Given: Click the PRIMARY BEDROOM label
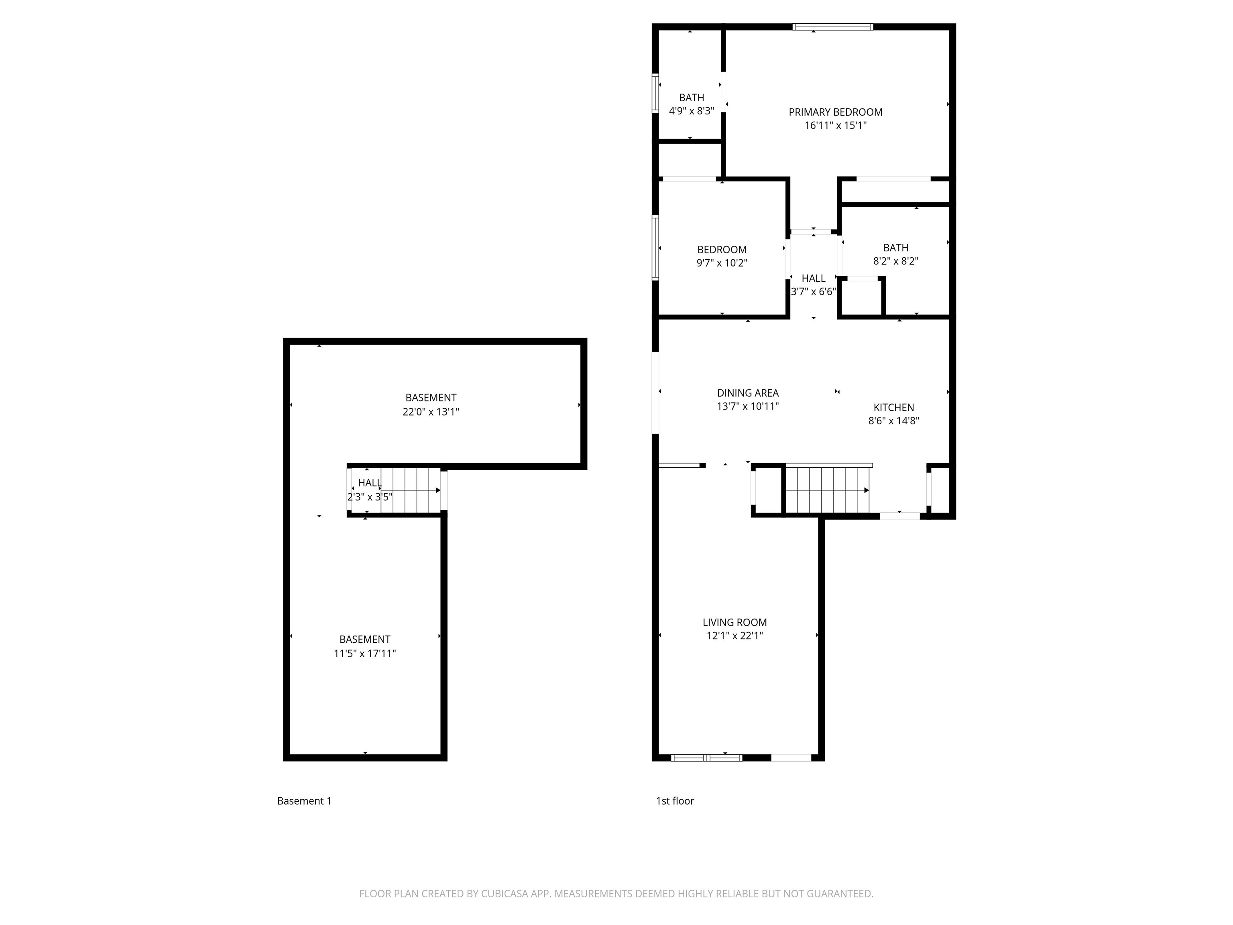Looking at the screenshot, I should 835,112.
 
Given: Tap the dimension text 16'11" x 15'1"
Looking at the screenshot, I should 835,125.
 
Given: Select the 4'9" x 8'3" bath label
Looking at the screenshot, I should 691,111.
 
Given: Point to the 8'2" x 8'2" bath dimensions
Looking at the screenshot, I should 895,261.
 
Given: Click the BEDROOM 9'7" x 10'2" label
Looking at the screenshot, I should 722,256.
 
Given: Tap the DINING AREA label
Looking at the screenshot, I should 747,393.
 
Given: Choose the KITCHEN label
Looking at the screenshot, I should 893,407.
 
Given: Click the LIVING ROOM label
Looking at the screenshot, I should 734,622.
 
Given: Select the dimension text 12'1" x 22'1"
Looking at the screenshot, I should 734,636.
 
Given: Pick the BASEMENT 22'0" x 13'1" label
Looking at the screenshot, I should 430,405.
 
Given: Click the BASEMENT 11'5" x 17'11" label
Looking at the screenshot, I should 364,646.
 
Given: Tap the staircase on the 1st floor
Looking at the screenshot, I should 827,490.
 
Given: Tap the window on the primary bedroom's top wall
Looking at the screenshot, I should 832,26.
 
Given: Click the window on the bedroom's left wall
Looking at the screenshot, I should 655,247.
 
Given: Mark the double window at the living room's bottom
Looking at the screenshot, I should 706,758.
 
